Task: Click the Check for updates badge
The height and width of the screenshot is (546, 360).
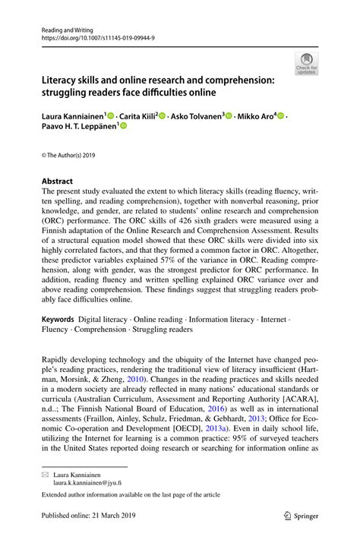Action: click(308, 65)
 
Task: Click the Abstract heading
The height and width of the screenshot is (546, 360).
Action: click(57, 181)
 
